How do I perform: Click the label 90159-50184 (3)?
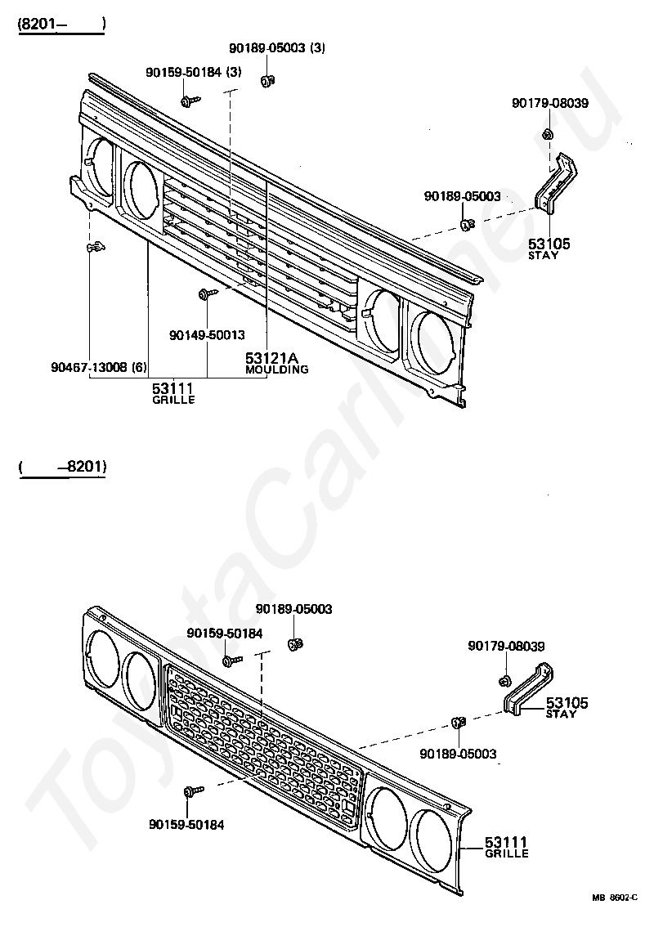coord(194,73)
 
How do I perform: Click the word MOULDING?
coord(277,369)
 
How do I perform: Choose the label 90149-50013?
coord(207,335)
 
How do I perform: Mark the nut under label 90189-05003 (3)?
coord(267,80)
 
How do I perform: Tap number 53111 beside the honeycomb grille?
coord(506,842)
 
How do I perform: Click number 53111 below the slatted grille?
coord(173,387)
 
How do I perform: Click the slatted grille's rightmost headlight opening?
coord(437,338)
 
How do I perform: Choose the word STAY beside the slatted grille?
coord(543,255)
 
